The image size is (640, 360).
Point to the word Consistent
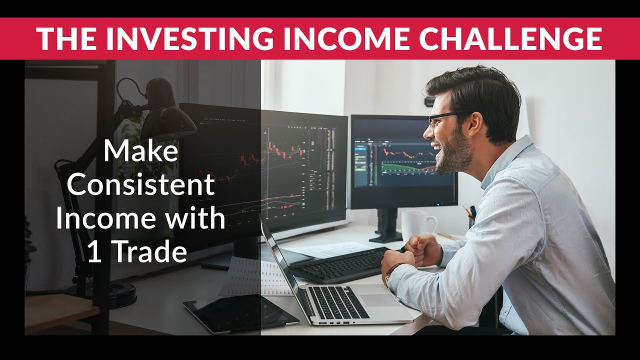click(140, 185)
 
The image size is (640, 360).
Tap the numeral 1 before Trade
click(93, 253)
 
